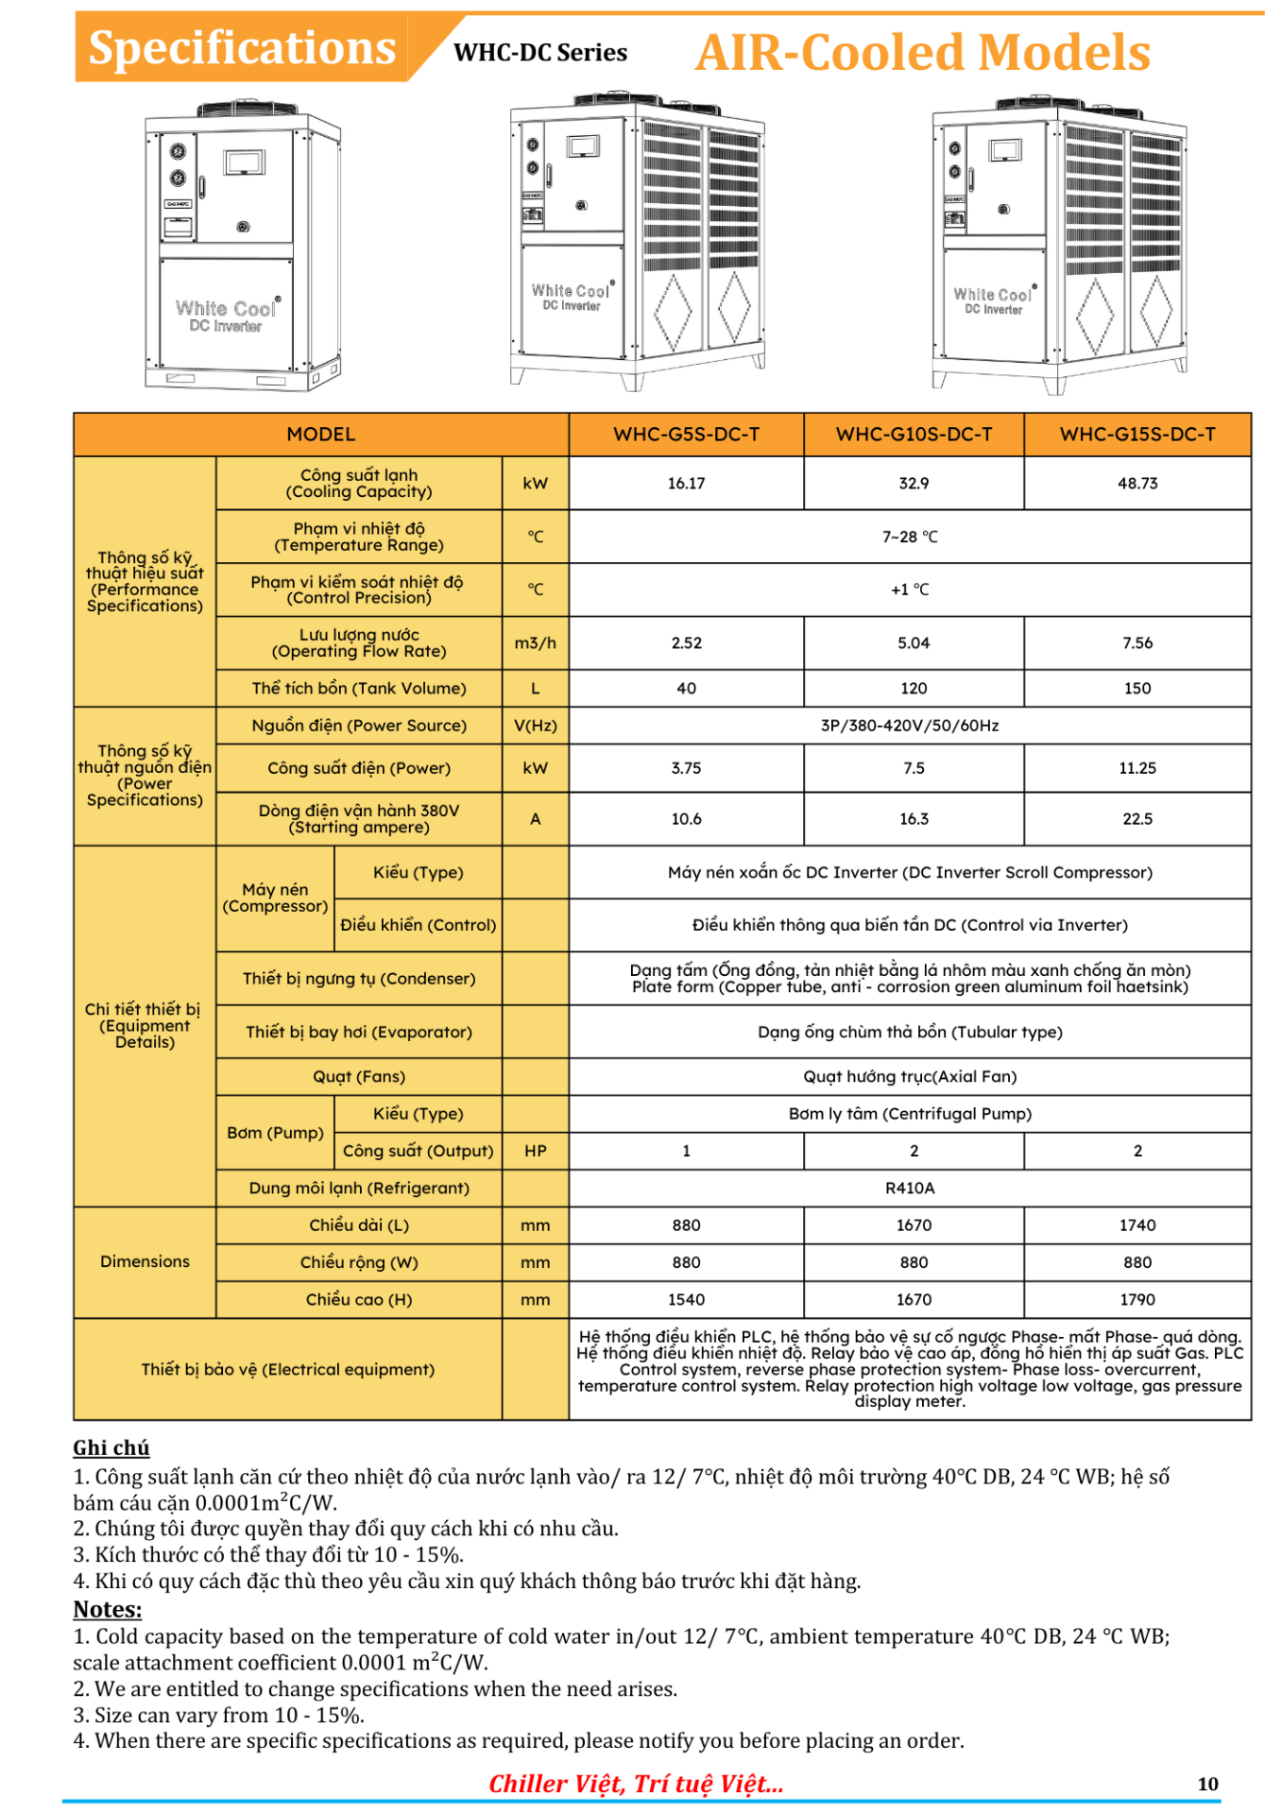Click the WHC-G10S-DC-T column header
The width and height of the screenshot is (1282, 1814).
(x=914, y=435)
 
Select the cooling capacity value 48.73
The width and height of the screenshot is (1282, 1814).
(x=1137, y=484)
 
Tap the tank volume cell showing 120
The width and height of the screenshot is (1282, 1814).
(x=914, y=689)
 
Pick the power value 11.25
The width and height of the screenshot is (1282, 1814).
(x=1137, y=768)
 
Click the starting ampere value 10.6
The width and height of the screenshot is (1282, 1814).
(x=686, y=819)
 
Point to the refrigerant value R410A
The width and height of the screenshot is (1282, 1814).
(x=909, y=1189)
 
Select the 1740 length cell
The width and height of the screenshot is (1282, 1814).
(x=1137, y=1225)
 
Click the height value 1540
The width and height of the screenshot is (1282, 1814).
(x=686, y=1300)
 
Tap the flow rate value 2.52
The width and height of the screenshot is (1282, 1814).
(x=686, y=643)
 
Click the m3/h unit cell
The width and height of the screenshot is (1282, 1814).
(x=535, y=643)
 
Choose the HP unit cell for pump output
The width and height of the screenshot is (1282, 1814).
(x=535, y=1151)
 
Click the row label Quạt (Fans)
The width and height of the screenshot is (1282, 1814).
(x=359, y=1077)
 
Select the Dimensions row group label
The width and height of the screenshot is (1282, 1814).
(x=145, y=1262)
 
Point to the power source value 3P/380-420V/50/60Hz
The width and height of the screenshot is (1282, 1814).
(x=909, y=726)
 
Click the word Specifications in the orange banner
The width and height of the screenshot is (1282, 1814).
(x=242, y=48)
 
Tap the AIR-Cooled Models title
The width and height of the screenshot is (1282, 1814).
(x=923, y=53)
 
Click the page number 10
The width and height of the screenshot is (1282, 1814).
(x=1207, y=1784)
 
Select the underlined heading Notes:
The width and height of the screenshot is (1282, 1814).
(x=108, y=1610)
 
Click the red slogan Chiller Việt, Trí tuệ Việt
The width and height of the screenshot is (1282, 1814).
(x=636, y=1784)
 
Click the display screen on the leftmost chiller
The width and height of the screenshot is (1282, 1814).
(x=244, y=163)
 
